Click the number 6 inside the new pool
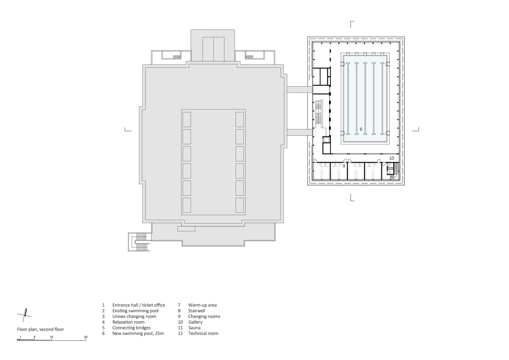pos(361,129)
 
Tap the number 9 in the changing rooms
pos(344,166)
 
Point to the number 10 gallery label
pos(391,158)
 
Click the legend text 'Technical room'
pos(203,333)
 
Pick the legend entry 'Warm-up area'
pos(202,305)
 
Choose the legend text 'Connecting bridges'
pos(131,328)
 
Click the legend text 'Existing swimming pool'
pos(135,311)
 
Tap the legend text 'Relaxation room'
pos(128,322)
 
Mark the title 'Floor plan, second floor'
pos(41,329)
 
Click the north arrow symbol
pos(25,315)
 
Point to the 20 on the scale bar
pos(86,337)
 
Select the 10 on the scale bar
pos(51,337)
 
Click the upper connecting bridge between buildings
pos(299,89)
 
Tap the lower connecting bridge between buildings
pos(299,132)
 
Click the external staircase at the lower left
pos(140,242)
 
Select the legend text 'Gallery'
pos(195,322)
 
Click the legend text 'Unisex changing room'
pos(134,316)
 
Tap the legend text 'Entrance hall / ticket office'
pos(139,305)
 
